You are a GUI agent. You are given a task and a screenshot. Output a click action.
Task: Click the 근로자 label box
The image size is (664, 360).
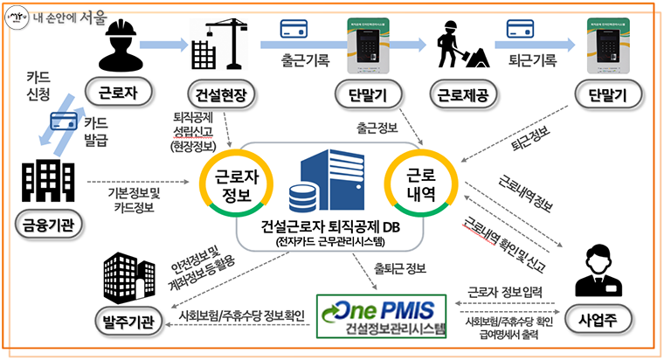tap(114, 92)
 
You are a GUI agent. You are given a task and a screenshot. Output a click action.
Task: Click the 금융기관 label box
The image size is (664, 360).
tap(42, 228)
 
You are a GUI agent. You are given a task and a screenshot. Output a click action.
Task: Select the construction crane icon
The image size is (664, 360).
tap(211, 45)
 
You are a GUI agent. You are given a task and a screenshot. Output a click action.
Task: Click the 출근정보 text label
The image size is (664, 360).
tap(377, 128)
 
